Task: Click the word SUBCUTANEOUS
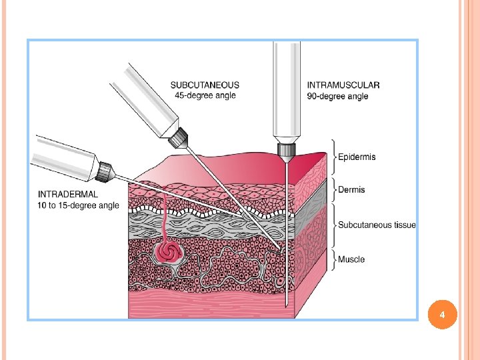[x=205, y=85]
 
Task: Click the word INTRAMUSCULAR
[x=343, y=85]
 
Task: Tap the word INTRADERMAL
[x=68, y=194]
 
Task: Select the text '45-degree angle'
[x=205, y=95]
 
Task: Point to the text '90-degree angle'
[x=337, y=96]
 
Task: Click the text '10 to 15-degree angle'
[x=79, y=205]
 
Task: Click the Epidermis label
[x=357, y=157]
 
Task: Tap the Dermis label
[x=351, y=190]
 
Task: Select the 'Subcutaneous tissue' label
[x=377, y=225]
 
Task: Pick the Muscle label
[x=351, y=259]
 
